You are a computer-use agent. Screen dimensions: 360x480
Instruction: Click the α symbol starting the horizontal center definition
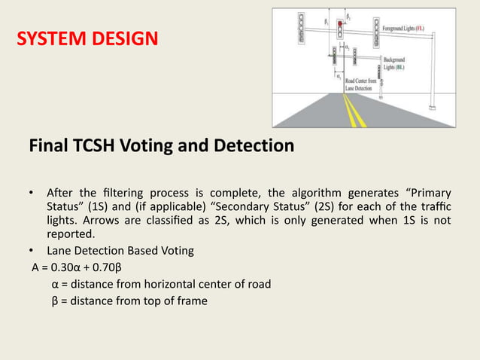point(56,284)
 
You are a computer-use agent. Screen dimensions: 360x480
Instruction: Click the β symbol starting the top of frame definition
point(56,301)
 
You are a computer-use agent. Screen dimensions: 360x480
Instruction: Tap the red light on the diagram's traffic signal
point(340,24)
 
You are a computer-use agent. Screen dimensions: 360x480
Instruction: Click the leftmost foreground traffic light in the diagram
point(302,28)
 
